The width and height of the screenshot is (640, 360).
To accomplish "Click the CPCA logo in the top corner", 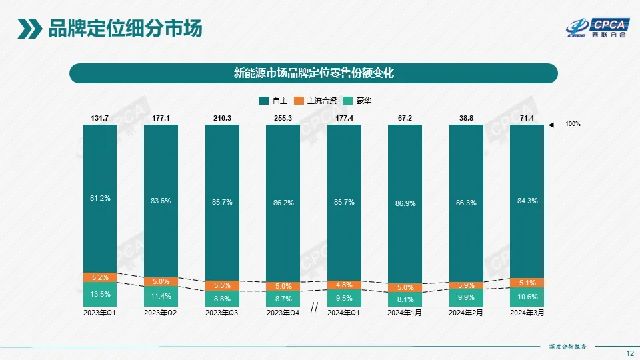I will tap(597, 26).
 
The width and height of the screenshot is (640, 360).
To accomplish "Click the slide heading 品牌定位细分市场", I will tap(125, 29).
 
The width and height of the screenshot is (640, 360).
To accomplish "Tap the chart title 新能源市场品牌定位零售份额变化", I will tap(313, 73).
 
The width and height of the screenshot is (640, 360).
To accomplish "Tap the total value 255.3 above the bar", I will tap(283, 118).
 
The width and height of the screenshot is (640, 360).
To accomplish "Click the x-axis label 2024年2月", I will tap(465, 312).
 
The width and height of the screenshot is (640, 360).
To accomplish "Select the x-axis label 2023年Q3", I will tap(222, 312).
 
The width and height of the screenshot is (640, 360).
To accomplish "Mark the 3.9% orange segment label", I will tap(465, 285).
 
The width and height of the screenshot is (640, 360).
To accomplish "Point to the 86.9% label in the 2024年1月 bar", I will tap(405, 203).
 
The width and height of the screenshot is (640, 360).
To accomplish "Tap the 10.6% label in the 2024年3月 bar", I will tap(527, 297).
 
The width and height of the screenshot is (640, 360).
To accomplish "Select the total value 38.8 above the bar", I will tap(465, 118).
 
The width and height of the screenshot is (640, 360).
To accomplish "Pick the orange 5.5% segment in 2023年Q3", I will tap(222, 285).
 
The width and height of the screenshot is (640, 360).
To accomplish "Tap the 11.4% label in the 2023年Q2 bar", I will tap(161, 296).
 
